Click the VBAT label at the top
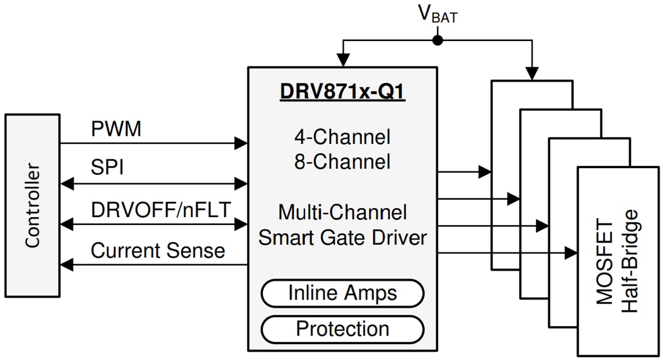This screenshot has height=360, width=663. pos(438,14)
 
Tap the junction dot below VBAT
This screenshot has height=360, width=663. pos(438,40)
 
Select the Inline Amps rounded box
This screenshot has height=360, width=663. pos(342,294)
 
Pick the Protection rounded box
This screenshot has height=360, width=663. pos(342,329)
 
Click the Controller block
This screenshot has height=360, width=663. pos(32,205)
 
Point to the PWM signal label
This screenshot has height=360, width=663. pos(116,129)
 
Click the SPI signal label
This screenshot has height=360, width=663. pos(107,167)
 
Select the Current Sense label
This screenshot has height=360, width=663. pos(158,250)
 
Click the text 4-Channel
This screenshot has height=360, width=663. pos(342,137)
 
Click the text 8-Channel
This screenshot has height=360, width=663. pos(342,162)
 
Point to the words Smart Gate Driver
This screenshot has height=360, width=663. pos(342,237)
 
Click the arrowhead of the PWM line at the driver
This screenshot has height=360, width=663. pos(242,143)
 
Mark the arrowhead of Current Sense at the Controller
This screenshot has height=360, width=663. pos(66,264)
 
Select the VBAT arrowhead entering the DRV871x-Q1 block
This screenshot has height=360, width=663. pos(343,60)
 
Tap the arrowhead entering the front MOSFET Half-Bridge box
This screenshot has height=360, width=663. pos(571,253)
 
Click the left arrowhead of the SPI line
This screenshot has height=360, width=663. pos(66,183)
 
